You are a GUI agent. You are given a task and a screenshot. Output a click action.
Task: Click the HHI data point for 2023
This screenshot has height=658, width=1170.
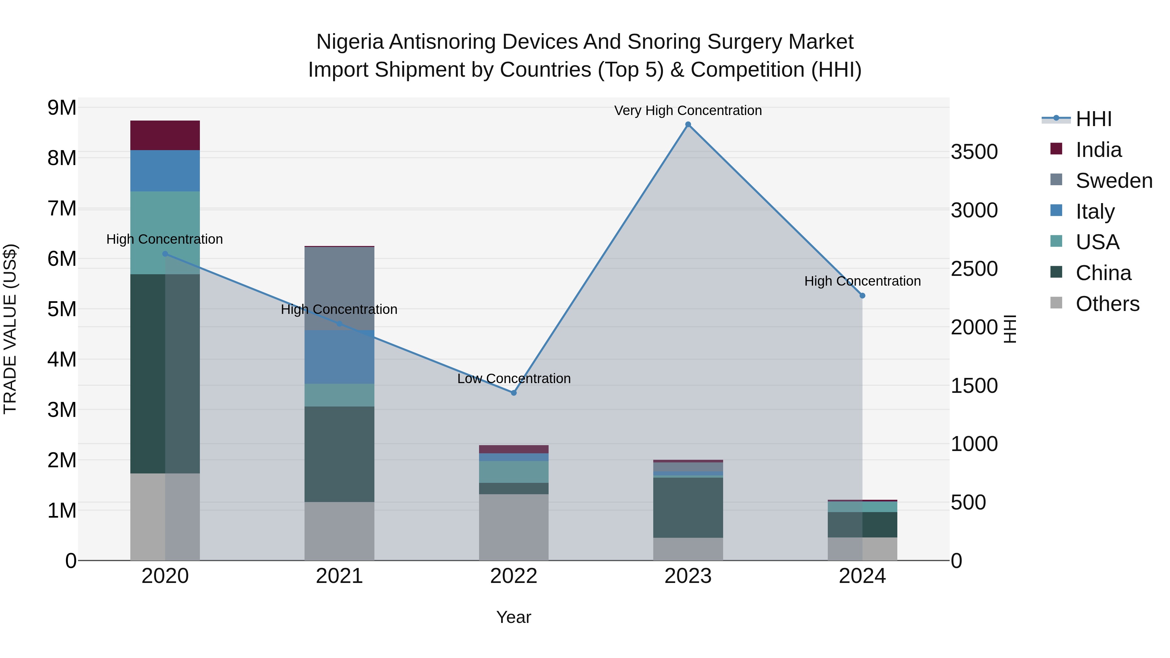coord(688,124)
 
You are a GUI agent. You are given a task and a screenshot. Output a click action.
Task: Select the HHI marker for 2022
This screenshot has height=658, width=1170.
coord(514,393)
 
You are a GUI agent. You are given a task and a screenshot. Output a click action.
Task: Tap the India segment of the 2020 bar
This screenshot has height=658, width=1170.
coord(165,135)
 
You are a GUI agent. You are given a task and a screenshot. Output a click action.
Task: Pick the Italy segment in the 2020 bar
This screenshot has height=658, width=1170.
coord(165,171)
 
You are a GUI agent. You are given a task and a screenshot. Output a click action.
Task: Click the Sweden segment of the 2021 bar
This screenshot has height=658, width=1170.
coord(339,288)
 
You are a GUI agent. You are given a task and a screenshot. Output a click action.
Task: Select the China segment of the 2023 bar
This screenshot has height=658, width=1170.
coord(688,508)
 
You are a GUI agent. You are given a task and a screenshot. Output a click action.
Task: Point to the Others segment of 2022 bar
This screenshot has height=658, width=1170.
coord(514,527)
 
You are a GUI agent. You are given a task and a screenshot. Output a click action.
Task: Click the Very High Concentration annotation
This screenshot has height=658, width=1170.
coord(688,111)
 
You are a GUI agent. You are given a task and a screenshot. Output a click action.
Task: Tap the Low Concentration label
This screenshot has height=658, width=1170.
coord(514,379)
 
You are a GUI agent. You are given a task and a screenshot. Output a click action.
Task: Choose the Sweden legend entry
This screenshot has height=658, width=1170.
coord(1114,181)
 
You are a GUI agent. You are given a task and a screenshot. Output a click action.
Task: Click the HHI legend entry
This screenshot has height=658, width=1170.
coord(1093,119)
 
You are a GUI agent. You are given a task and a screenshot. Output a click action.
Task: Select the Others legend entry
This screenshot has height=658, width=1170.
coord(1107,304)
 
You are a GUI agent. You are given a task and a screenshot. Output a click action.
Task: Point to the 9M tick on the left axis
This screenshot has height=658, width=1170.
coord(62,108)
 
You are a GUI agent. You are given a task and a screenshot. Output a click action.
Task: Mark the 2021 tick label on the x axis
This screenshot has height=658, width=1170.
coord(339,576)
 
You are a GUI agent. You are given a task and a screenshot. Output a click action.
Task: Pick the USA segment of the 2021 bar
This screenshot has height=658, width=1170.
coord(339,395)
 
